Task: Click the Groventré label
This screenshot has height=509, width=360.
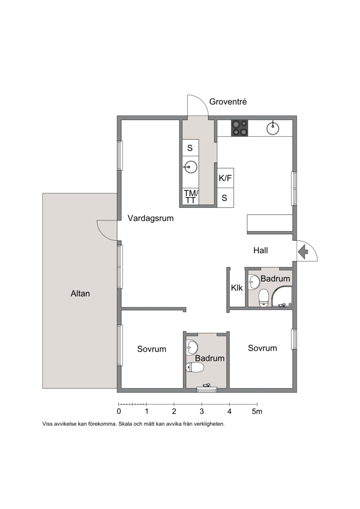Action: click(x=228, y=102)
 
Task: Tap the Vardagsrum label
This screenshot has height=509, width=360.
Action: click(x=151, y=218)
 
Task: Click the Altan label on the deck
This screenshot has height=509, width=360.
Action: click(x=80, y=293)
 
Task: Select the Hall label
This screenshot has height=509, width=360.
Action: click(x=261, y=250)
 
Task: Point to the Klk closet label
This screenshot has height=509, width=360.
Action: click(x=237, y=288)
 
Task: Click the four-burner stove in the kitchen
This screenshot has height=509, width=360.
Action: click(x=239, y=128)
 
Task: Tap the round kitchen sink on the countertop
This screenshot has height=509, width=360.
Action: click(x=273, y=128)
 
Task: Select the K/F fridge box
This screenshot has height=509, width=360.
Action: click(x=225, y=178)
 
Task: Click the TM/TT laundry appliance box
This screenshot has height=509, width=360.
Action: click(x=190, y=197)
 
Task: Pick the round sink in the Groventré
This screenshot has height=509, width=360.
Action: click(x=190, y=167)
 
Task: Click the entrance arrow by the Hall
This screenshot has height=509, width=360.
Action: click(x=303, y=252)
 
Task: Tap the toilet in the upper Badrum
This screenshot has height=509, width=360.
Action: click(x=263, y=297)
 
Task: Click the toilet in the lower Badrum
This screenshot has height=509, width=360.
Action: click(x=195, y=368)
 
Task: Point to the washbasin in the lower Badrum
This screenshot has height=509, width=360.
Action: click(x=192, y=347)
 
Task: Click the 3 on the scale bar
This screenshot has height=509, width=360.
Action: click(x=202, y=412)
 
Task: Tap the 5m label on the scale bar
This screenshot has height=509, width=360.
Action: click(x=257, y=412)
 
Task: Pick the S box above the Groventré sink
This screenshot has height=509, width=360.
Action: click(x=190, y=148)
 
